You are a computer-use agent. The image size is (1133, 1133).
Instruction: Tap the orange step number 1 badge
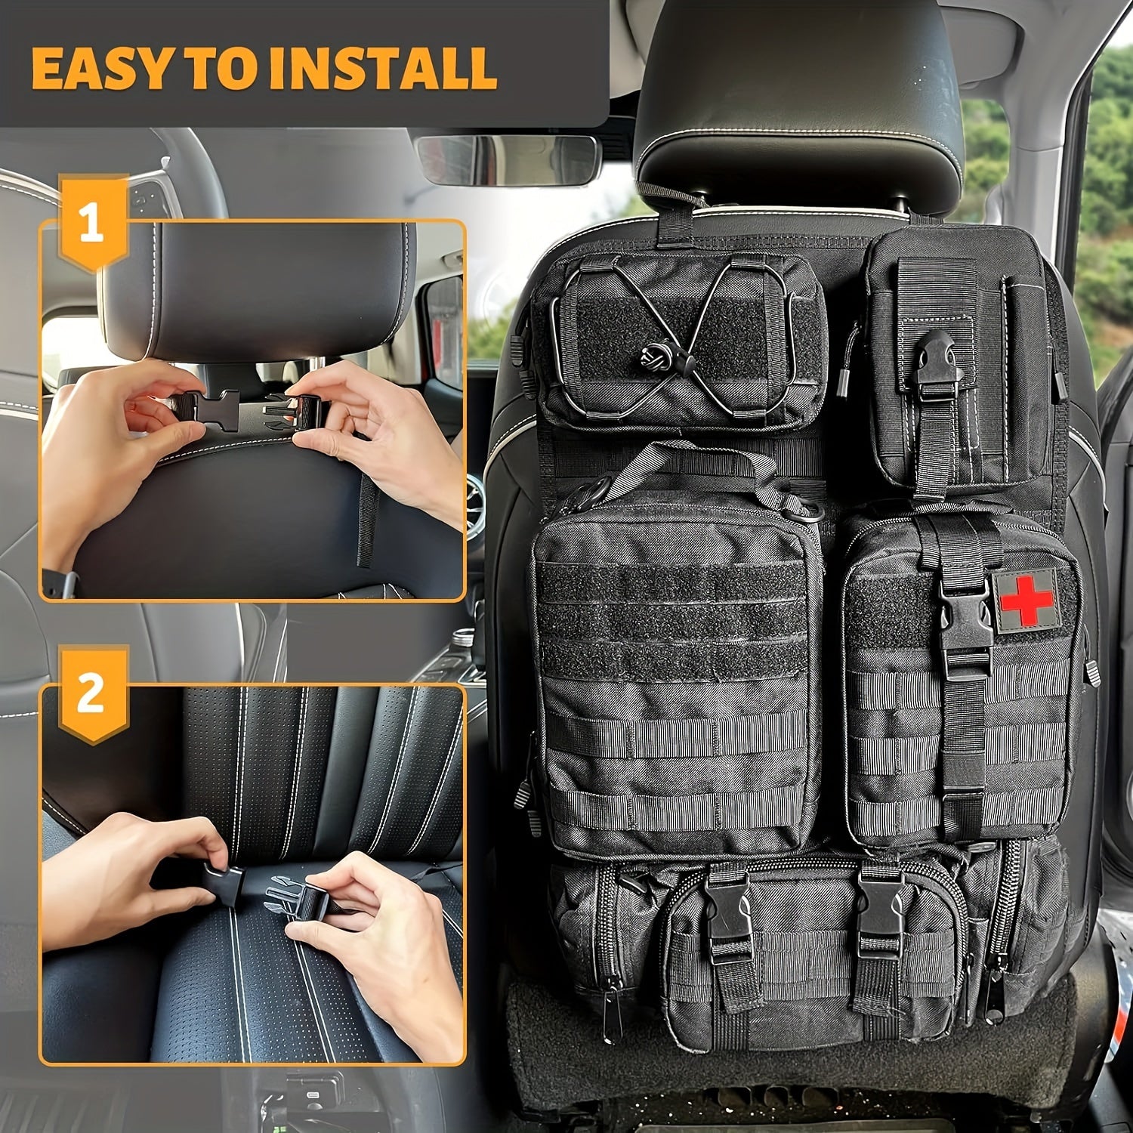(92, 224)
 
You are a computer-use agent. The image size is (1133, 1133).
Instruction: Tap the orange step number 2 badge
(92, 693)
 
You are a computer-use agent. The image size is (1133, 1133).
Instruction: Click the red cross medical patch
(1026, 599)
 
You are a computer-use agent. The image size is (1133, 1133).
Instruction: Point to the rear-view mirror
(508, 160)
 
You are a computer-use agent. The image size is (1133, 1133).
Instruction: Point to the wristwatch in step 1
(63, 583)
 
